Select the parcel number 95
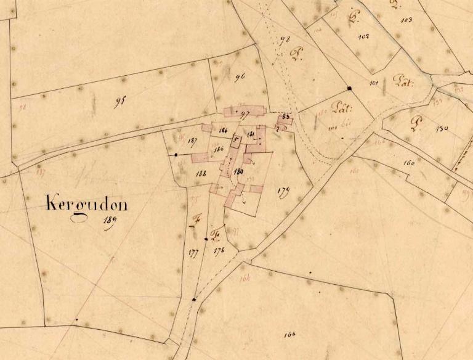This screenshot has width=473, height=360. [x=119, y=101]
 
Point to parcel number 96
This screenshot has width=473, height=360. [x=240, y=77]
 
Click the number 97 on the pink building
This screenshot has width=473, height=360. [x=244, y=113]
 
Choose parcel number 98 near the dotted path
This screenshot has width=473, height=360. [x=285, y=41]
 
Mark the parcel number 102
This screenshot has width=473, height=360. [x=363, y=36]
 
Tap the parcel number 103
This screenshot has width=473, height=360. [x=406, y=20]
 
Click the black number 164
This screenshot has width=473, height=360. [x=290, y=335]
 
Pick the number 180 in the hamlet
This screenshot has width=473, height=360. [x=240, y=171]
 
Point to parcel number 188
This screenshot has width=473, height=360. [x=201, y=174]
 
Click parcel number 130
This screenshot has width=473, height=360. [x=442, y=129]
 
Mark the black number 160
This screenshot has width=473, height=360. [x=408, y=163]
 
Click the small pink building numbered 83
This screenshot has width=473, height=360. [x=286, y=116]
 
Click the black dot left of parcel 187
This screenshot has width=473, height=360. [x=176, y=154]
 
